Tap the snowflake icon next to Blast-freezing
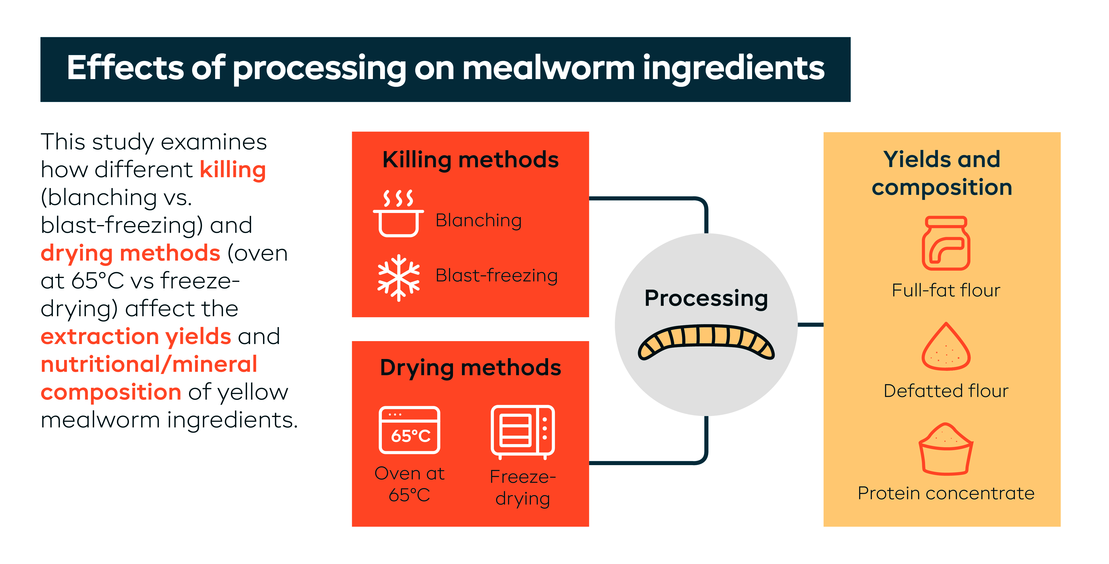(398, 278)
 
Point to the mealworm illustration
(706, 342)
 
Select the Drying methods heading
(470, 368)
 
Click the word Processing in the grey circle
(706, 298)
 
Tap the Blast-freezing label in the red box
(496, 275)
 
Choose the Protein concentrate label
(946, 493)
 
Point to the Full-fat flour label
(946, 290)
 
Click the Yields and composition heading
(942, 173)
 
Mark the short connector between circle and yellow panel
(810, 324)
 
